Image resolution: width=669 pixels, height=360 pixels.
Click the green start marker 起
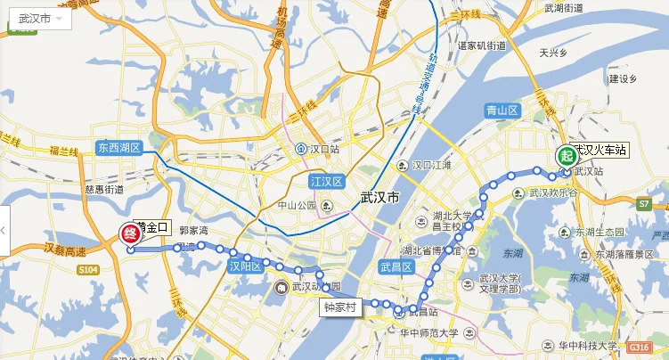[566, 155]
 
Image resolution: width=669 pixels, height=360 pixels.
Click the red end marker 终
[128, 235]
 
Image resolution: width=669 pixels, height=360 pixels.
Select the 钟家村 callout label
[339, 306]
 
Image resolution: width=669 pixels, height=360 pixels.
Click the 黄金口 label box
[151, 228]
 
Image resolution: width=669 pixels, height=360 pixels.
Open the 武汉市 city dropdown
[40, 18]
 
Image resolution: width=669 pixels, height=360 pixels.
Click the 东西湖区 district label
[119, 148]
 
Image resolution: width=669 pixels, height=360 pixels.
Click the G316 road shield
[639, 346]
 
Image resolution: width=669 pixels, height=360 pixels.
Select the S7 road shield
[645, 204]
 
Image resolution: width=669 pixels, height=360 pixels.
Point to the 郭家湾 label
[193, 230]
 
